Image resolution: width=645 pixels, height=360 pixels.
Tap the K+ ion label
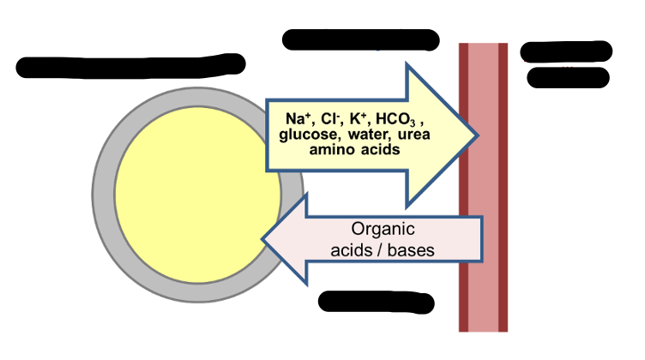point(355,119)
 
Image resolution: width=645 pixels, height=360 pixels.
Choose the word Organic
point(383,230)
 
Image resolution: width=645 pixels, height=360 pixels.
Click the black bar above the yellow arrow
point(360,39)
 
